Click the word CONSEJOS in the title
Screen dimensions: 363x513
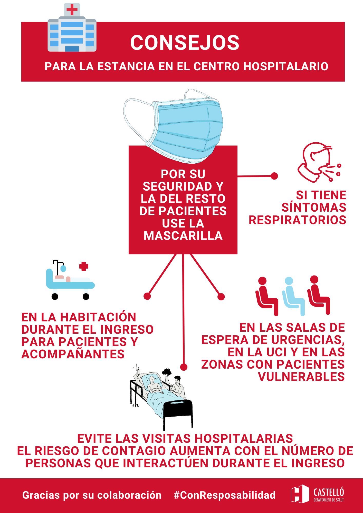coord(185,43)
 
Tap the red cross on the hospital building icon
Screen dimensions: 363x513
coord(72,10)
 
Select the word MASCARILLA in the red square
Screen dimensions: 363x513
coord(183,236)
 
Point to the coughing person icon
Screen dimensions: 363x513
coord(319,162)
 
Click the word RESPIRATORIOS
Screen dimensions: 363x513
coord(298,220)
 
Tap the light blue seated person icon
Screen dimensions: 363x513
coord(293,296)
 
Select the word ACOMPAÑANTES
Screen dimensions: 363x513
coord(73,354)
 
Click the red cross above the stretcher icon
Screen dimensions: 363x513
coord(84,267)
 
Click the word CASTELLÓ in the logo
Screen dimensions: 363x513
coord(329,492)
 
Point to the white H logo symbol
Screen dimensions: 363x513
coord(300,494)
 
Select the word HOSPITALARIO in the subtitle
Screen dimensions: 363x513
coord(286,66)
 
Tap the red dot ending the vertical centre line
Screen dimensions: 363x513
coord(184,367)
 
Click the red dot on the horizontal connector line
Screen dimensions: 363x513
coord(274,176)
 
